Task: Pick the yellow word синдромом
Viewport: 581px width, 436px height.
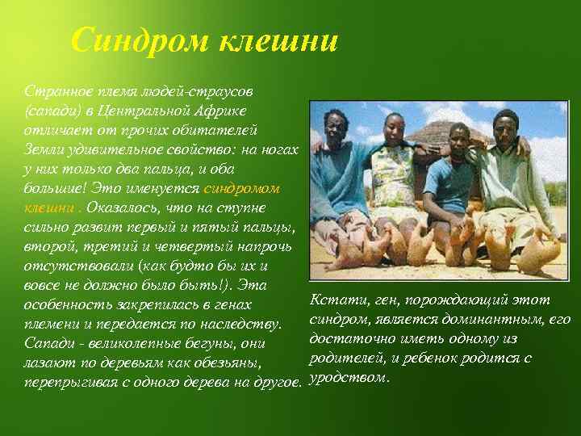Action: click(x=241, y=188)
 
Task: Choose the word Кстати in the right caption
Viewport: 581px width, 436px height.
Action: click(x=336, y=300)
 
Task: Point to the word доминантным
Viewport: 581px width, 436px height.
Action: click(x=484, y=320)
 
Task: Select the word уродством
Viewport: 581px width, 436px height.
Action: click(x=349, y=378)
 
